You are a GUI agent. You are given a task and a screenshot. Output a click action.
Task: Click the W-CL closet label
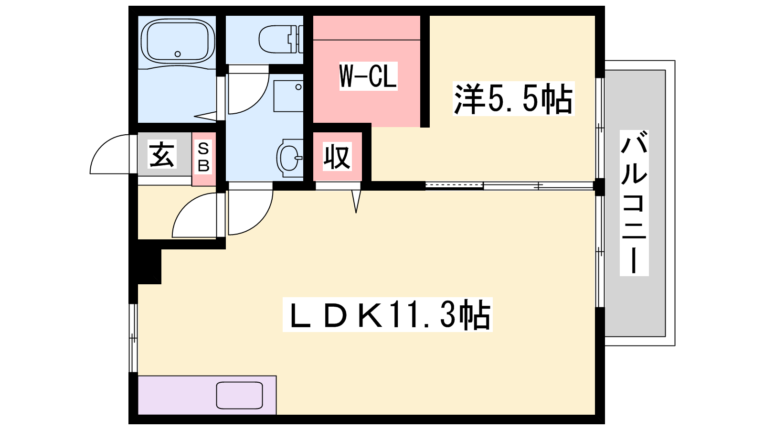(368, 76)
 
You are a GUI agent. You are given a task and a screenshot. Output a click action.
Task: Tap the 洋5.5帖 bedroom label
(513, 98)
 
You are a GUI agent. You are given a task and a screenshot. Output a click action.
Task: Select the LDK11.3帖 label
(387, 314)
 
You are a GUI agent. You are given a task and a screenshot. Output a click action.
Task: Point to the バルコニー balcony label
(634, 203)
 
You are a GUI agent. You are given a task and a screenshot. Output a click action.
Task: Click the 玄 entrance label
(162, 154)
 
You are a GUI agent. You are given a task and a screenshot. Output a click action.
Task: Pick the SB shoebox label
(203, 158)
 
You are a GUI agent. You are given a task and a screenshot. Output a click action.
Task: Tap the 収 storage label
(337, 157)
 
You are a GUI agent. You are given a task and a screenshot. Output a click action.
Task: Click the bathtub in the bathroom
(177, 41)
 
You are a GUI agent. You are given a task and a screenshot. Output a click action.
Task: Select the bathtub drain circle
(177, 54)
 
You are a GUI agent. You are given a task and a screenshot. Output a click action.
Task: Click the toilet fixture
(281, 39)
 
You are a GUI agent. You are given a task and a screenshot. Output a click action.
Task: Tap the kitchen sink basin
(239, 395)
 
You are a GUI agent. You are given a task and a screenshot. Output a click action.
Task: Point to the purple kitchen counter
(207, 395)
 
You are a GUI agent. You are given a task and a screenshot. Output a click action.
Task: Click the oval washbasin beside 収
(289, 158)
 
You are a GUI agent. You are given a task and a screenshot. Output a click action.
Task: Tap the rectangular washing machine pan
(288, 96)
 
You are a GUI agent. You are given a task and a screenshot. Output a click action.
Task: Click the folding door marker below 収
(356, 201)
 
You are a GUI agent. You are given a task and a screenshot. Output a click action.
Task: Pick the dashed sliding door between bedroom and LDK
(454, 186)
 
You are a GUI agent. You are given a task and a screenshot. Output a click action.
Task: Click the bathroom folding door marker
(205, 116)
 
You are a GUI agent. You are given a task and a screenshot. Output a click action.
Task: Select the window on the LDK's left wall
(133, 338)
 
